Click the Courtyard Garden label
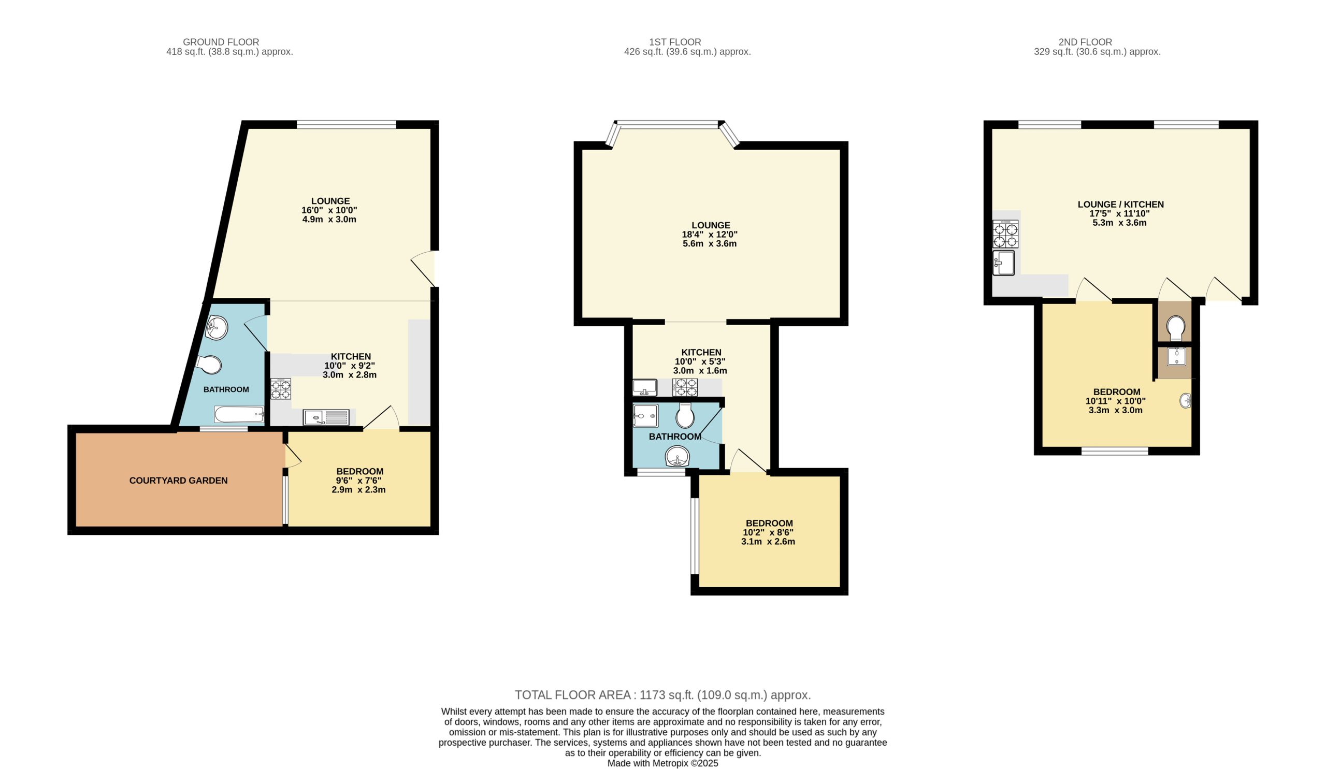[178, 480]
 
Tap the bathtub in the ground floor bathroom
[239, 414]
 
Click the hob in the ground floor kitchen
[280, 389]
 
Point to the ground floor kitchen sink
[326, 417]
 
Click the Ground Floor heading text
[221, 42]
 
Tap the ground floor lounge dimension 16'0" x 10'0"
[329, 210]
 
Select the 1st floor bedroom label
[769, 524]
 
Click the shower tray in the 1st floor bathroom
[645, 415]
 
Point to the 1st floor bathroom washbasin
[678, 456]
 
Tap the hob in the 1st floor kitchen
[685, 388]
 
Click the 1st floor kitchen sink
[644, 388]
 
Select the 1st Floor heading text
[675, 42]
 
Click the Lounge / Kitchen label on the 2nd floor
[1121, 205]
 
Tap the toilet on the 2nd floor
[1175, 328]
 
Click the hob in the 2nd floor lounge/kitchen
[1005, 234]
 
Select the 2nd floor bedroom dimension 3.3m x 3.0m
[1116, 410]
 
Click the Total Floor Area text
[663, 695]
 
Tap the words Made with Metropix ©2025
[663, 763]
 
